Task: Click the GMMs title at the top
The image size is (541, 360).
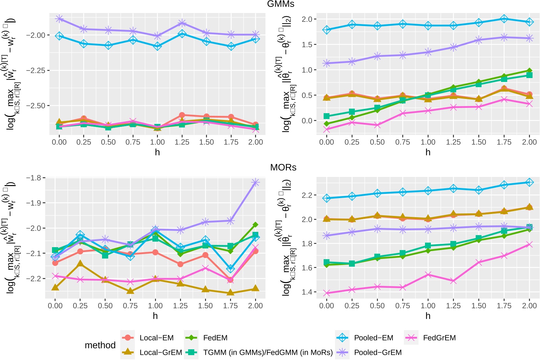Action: (x=280, y=4)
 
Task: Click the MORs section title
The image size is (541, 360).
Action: (x=283, y=167)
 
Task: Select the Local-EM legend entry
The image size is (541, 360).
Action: (x=157, y=338)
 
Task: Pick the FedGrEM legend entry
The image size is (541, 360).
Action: (x=439, y=338)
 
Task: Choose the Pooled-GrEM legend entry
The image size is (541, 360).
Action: (x=378, y=353)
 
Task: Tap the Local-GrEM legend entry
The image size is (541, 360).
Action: (x=161, y=353)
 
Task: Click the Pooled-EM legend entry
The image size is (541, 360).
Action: (x=373, y=338)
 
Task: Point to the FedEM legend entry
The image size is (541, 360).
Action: (x=215, y=338)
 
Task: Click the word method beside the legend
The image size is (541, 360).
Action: (x=100, y=345)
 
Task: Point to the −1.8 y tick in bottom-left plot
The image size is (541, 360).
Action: (x=34, y=178)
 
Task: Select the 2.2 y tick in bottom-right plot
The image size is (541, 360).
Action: (x=307, y=195)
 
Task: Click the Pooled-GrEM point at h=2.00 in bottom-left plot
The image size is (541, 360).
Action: (x=255, y=182)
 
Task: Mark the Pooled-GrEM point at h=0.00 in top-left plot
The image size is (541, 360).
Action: (x=59, y=19)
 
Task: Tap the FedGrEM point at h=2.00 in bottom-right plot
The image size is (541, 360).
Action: (x=529, y=245)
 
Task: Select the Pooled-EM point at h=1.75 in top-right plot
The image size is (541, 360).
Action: (x=504, y=19)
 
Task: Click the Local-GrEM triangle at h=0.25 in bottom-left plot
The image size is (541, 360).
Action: (x=80, y=264)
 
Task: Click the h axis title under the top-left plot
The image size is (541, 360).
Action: (x=157, y=152)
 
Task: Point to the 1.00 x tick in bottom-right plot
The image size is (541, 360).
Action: (x=428, y=306)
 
